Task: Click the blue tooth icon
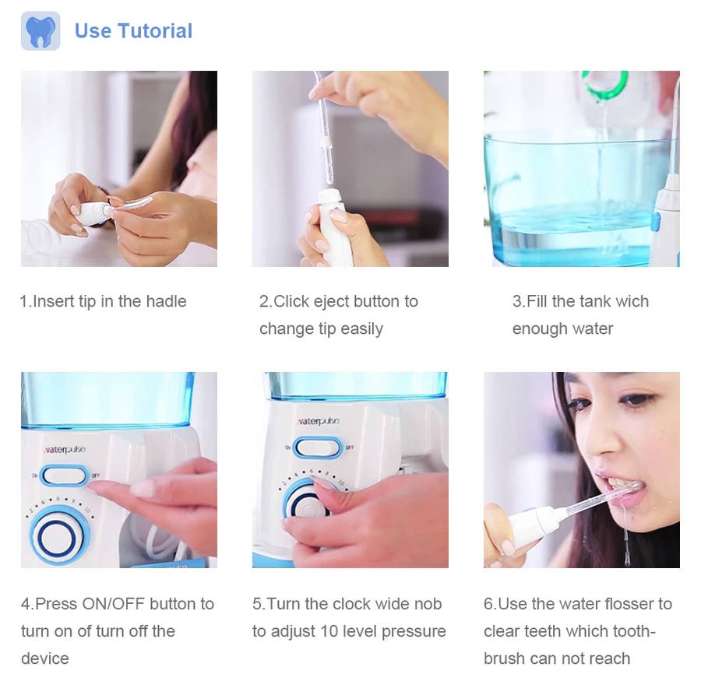[x=41, y=31]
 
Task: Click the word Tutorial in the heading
[x=155, y=31]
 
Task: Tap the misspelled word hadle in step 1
[x=167, y=301]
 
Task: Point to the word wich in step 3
[x=632, y=301]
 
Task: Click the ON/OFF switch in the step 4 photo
[x=65, y=476]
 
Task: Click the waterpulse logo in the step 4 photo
[x=65, y=449]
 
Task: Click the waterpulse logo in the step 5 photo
[x=319, y=421]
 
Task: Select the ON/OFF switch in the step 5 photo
[x=318, y=448]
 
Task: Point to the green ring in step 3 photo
[x=604, y=85]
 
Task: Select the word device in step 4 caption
[x=44, y=658]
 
